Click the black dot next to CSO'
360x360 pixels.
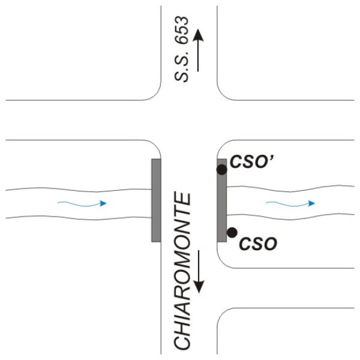tap(222, 170)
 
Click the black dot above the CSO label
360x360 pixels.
tap(232, 233)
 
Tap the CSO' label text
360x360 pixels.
tap(251, 162)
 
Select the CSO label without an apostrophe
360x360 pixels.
tap(258, 244)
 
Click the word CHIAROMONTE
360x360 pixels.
tap(182, 271)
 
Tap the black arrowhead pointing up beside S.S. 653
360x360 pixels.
tap(198, 35)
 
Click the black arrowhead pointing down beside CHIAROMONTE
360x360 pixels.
tap(199, 287)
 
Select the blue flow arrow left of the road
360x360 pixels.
tap(82, 203)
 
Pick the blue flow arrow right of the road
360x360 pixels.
tap(290, 203)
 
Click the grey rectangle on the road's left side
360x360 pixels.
tap(156, 200)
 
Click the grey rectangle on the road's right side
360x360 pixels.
tap(222, 200)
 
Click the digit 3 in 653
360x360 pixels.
tap(182, 20)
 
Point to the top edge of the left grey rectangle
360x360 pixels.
tap(156, 159)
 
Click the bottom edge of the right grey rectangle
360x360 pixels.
tap(222, 242)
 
